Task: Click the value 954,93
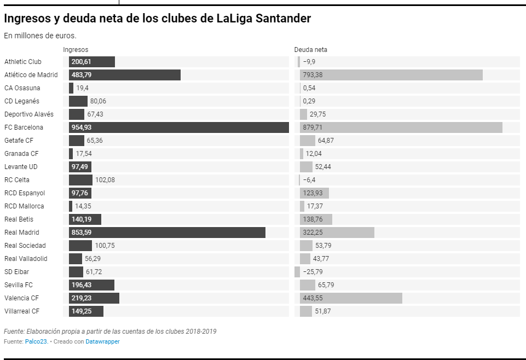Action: click(82, 127)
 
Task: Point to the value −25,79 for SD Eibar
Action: click(313, 272)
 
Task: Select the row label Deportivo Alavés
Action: click(29, 114)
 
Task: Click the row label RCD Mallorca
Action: click(24, 206)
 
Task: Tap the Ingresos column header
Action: click(76, 50)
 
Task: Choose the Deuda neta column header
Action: click(310, 50)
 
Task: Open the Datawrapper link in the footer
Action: click(102, 341)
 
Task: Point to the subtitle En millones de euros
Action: click(40, 36)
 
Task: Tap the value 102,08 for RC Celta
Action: click(105, 180)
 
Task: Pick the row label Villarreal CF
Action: click(22, 311)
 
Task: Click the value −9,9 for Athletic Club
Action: click(309, 62)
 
